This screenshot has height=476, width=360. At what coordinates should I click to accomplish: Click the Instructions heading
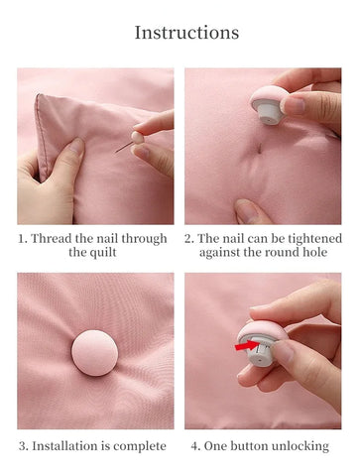(186, 33)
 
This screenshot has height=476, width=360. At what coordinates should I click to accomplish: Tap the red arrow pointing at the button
(246, 346)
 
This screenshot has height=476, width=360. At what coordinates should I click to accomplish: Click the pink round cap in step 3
(94, 353)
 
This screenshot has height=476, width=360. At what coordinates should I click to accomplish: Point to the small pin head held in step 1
(137, 137)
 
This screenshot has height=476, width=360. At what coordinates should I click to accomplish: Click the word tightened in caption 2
(314, 239)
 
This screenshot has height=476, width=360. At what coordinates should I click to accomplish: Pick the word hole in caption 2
(315, 252)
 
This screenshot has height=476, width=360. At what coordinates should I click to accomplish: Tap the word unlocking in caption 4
(300, 446)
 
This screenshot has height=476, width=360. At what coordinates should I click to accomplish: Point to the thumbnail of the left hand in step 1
(76, 146)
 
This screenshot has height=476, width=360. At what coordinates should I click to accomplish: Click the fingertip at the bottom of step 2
(246, 210)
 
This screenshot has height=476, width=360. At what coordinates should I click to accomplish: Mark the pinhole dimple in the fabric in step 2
(260, 149)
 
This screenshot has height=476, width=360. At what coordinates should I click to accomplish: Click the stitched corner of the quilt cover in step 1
(39, 96)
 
